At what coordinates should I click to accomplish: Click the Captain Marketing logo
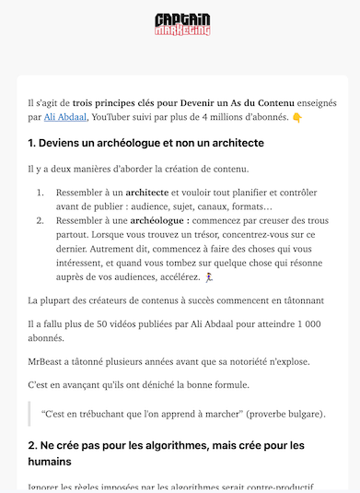(x=183, y=25)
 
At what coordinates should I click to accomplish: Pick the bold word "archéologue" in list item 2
(x=159, y=221)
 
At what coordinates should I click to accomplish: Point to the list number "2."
(x=41, y=221)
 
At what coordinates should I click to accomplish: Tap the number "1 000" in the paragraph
(x=313, y=325)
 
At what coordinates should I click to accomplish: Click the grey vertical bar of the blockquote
(x=30, y=415)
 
